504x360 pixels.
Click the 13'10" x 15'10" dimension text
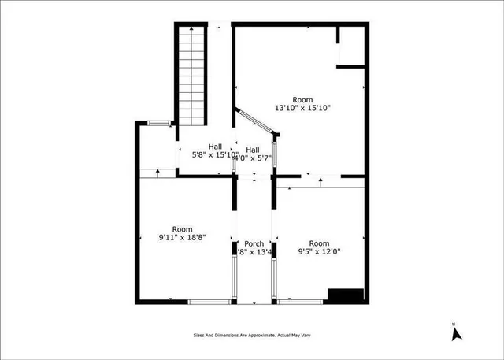tap(302, 108)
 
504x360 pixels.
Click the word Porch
tap(254, 243)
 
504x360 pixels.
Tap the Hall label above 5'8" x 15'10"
tap(215, 146)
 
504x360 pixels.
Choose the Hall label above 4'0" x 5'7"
tap(252, 150)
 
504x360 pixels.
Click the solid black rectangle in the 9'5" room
tap(345, 295)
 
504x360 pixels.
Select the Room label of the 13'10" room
tap(302, 99)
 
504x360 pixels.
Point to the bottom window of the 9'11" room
tap(209, 301)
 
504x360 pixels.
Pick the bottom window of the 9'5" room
tap(300, 301)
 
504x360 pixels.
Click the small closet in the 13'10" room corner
tap(350, 47)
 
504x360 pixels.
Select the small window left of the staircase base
tap(160, 123)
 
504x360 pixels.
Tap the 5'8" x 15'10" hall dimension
tap(215, 155)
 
